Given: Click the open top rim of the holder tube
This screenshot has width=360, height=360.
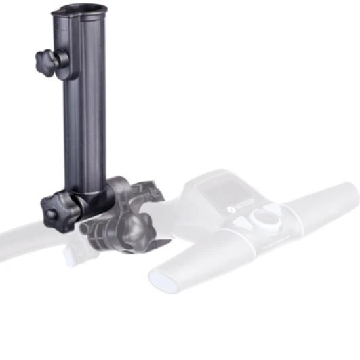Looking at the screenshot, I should (79, 10).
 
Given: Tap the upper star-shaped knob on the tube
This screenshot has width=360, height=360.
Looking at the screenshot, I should (45, 61).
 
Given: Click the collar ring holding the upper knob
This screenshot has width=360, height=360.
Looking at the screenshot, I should (62, 59).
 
